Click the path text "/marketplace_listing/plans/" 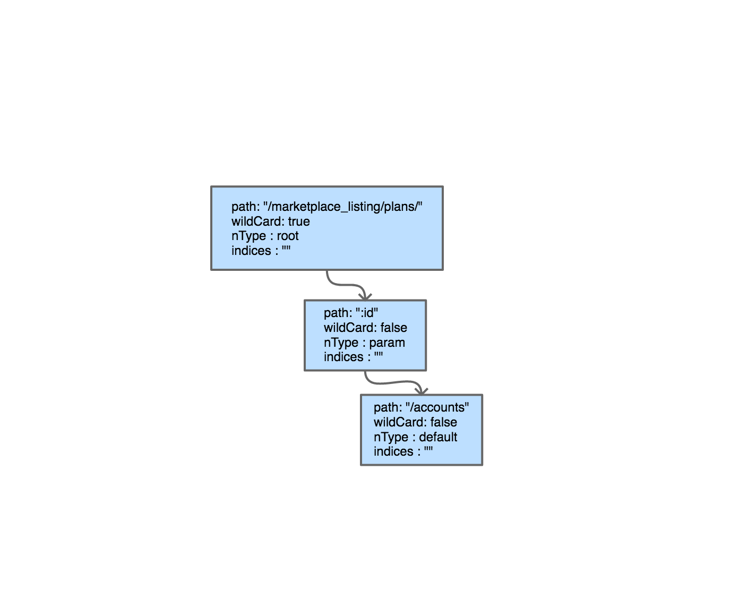click(327, 207)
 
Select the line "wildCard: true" click(271, 221)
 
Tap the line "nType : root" click(265, 236)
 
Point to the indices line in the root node click(261, 251)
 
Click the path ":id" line click(351, 313)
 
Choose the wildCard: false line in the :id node click(365, 328)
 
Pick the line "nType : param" click(364, 343)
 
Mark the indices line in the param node click(353, 357)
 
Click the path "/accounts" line click(421, 407)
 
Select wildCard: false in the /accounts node click(415, 422)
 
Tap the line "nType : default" click(415, 437)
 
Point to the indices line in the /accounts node click(403, 451)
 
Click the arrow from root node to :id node click(346, 285)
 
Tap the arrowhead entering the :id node click(365, 297)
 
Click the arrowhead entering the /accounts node click(421, 392)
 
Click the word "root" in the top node click(288, 236)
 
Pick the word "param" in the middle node click(387, 343)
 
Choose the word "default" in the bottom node click(438, 437)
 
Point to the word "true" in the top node click(299, 221)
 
